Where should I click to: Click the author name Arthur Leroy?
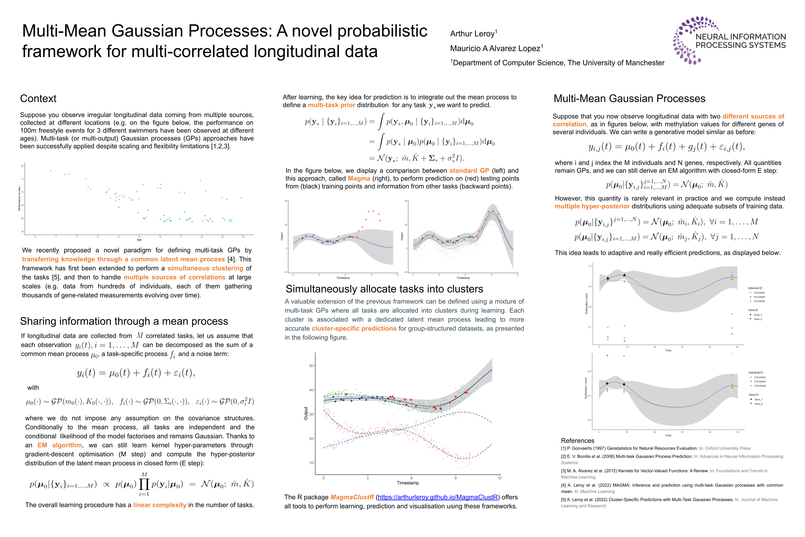472,34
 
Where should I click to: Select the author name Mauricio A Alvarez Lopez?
495,48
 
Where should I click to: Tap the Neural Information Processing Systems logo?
729,40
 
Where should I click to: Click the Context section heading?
38,99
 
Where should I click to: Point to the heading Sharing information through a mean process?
124,321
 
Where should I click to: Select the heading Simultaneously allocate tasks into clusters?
384,289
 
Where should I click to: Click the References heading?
577,440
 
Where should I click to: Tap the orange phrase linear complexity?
159,505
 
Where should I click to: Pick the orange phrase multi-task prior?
331,105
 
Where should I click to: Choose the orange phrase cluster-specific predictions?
354,328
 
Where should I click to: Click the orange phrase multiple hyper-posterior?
592,206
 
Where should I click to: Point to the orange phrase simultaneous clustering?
205,268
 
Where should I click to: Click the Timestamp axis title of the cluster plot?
407,483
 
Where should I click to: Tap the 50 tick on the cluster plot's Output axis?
311,366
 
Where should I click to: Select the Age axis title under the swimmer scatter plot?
139,240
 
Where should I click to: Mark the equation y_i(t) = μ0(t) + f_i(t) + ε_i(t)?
136,373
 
